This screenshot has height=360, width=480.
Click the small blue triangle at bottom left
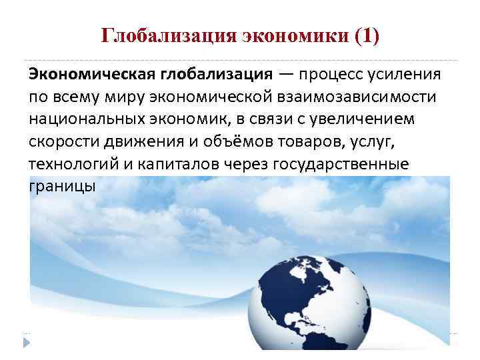[x=27, y=342]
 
